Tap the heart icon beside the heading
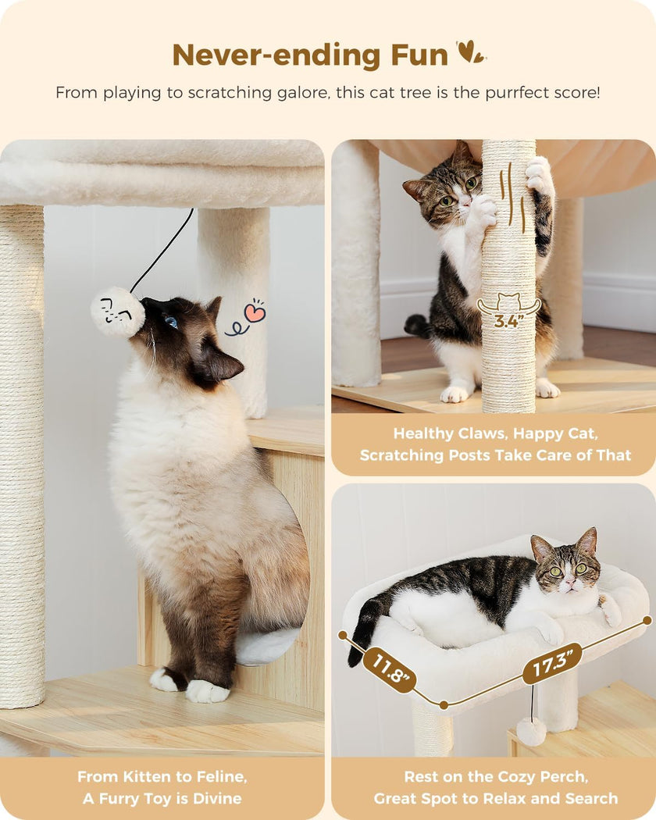coord(469,52)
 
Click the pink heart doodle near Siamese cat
coord(255,312)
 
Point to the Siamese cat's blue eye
coord(170,322)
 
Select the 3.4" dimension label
coord(508,320)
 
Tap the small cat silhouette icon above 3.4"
coord(508,301)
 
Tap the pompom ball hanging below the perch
coord(531,732)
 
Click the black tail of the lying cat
coord(361,633)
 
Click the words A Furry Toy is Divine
coord(162,798)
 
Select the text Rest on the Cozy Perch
coord(495,777)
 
